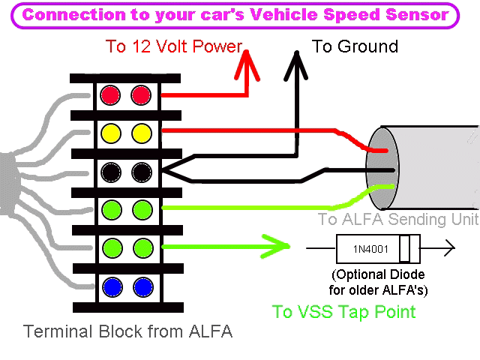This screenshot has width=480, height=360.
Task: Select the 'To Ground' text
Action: click(355, 46)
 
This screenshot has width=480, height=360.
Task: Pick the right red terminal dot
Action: click(141, 95)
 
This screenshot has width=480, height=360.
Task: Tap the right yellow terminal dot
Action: click(141, 133)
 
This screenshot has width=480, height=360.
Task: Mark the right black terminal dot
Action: click(141, 172)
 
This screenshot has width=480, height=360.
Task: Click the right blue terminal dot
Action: click(141, 286)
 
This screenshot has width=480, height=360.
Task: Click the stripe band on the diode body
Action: click(405, 247)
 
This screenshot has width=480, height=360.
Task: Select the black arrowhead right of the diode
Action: click(448, 247)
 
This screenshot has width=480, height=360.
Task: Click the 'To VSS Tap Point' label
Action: click(343, 312)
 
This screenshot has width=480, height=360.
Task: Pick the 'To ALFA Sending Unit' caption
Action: click(397, 220)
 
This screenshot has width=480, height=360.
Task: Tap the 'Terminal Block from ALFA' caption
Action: click(127, 331)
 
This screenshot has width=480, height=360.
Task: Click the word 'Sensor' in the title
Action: click(416, 14)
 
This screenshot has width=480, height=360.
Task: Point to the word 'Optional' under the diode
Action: click(362, 274)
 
